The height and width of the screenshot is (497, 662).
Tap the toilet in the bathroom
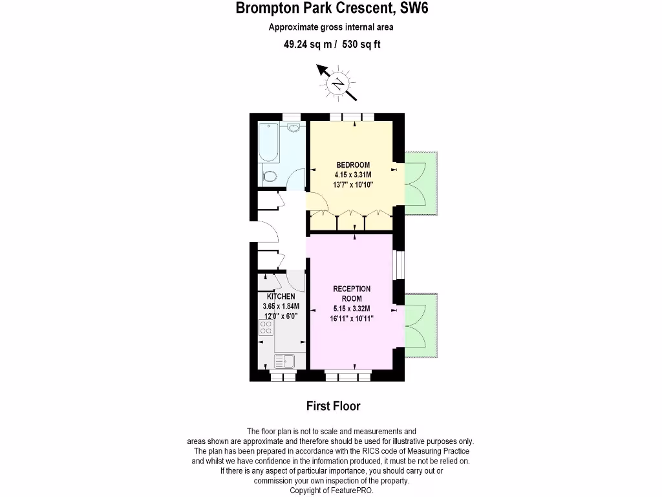point(270,176)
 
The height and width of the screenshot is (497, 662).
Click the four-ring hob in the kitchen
point(266,329)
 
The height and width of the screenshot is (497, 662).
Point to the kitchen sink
point(284,360)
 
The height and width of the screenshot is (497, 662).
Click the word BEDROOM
point(352,164)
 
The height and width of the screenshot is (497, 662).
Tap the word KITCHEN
point(281,296)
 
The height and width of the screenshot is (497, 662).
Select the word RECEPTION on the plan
point(352,289)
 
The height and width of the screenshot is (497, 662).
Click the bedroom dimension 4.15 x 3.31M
point(352,175)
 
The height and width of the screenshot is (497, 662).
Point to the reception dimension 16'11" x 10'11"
point(352,318)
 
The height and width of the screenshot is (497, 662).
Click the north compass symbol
point(337,83)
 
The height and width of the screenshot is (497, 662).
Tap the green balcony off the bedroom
point(422,184)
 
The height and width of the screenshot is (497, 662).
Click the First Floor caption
point(333,406)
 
